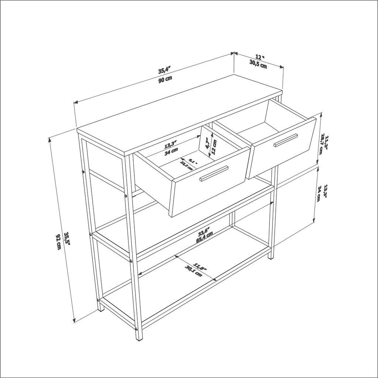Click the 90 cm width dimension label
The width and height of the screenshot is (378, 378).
165,80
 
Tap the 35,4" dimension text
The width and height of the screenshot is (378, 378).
164,70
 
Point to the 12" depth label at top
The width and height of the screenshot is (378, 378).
260,57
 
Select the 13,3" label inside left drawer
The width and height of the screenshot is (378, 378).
171,144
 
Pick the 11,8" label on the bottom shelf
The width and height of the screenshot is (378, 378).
200,267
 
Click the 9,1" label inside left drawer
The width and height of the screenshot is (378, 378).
192,161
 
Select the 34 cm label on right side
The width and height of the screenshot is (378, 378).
318,194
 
